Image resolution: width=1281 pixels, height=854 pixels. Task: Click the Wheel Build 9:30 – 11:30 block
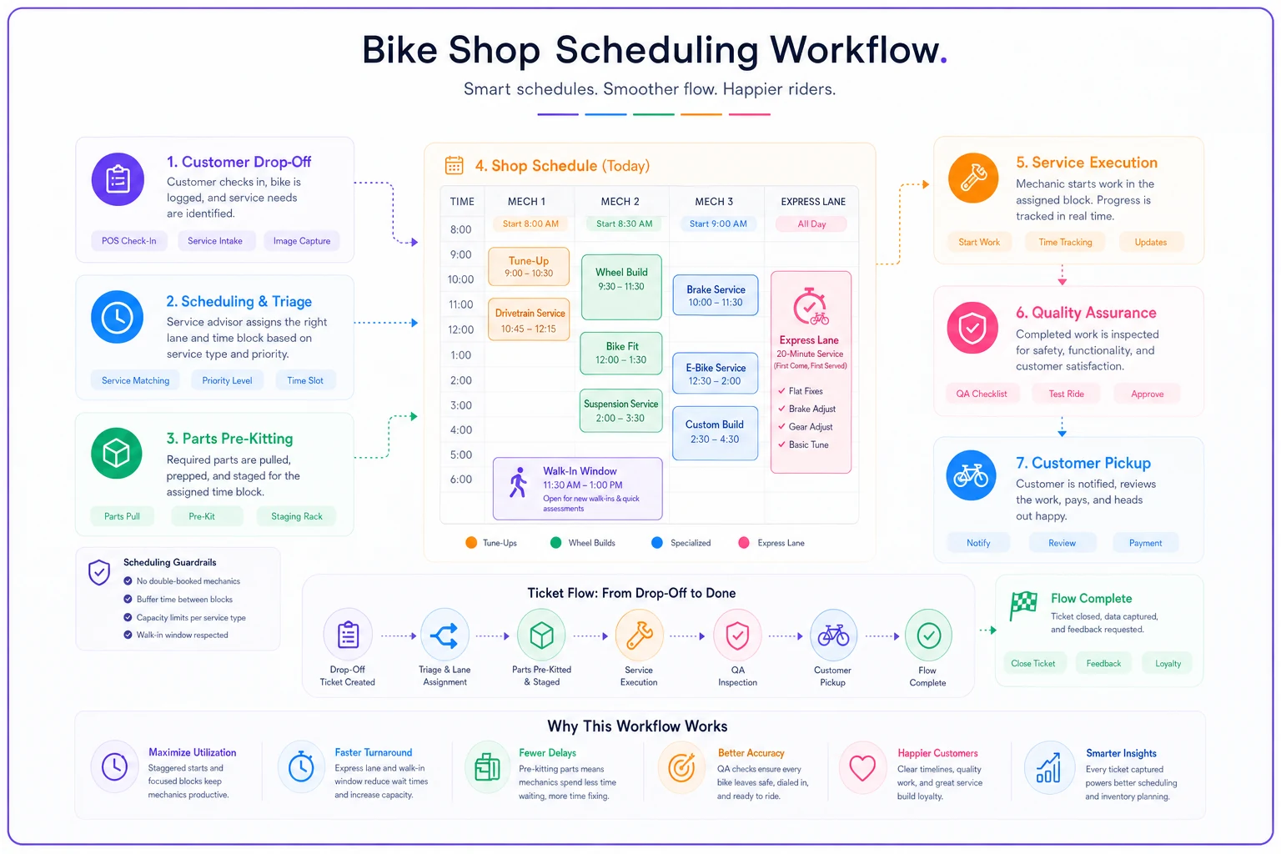[621, 287]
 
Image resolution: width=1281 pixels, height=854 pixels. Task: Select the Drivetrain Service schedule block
[529, 319]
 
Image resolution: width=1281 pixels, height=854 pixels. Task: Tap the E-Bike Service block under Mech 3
[716, 374]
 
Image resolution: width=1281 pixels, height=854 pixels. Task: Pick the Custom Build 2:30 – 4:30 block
[715, 433]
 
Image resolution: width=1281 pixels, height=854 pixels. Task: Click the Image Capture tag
[301, 241]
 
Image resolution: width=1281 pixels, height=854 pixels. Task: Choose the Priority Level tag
[227, 380]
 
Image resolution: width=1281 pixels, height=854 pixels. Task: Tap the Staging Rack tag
[296, 516]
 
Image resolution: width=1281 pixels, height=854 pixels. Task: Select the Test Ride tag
[1066, 394]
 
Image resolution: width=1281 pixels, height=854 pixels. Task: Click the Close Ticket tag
[1032, 664]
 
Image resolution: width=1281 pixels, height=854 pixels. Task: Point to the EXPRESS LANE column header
[812, 201]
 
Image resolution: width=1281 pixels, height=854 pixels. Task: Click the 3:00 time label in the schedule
[461, 405]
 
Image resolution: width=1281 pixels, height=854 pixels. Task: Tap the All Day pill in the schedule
[811, 224]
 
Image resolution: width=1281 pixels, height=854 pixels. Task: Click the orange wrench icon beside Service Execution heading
[972, 178]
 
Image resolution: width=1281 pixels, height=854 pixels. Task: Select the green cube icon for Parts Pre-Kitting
[117, 453]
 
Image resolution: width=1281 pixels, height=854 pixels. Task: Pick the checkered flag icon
[1023, 605]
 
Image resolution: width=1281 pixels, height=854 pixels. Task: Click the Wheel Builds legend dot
[555, 542]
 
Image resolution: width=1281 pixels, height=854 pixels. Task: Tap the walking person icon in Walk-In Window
[518, 482]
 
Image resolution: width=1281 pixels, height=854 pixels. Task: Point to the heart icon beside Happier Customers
[862, 767]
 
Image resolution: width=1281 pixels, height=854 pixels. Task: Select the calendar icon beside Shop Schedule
[454, 165]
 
